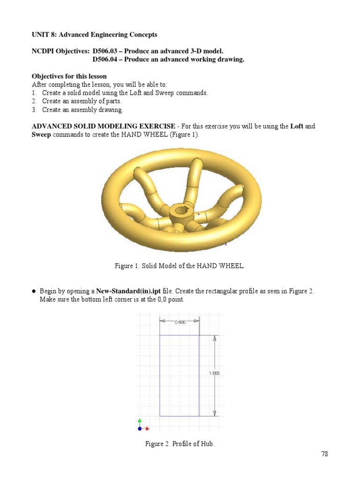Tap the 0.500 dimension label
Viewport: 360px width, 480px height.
(180, 322)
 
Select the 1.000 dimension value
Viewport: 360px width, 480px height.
(214, 373)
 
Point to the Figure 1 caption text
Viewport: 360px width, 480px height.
(180, 266)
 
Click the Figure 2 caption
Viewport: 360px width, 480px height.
(180, 444)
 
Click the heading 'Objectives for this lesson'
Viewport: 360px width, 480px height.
(69, 76)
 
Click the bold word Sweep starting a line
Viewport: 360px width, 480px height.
(41, 135)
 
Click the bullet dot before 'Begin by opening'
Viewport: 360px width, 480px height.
(34, 291)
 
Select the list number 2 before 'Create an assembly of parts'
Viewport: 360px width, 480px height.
(34, 101)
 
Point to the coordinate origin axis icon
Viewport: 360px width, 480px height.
(141, 426)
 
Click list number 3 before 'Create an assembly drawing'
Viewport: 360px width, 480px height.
(34, 110)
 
